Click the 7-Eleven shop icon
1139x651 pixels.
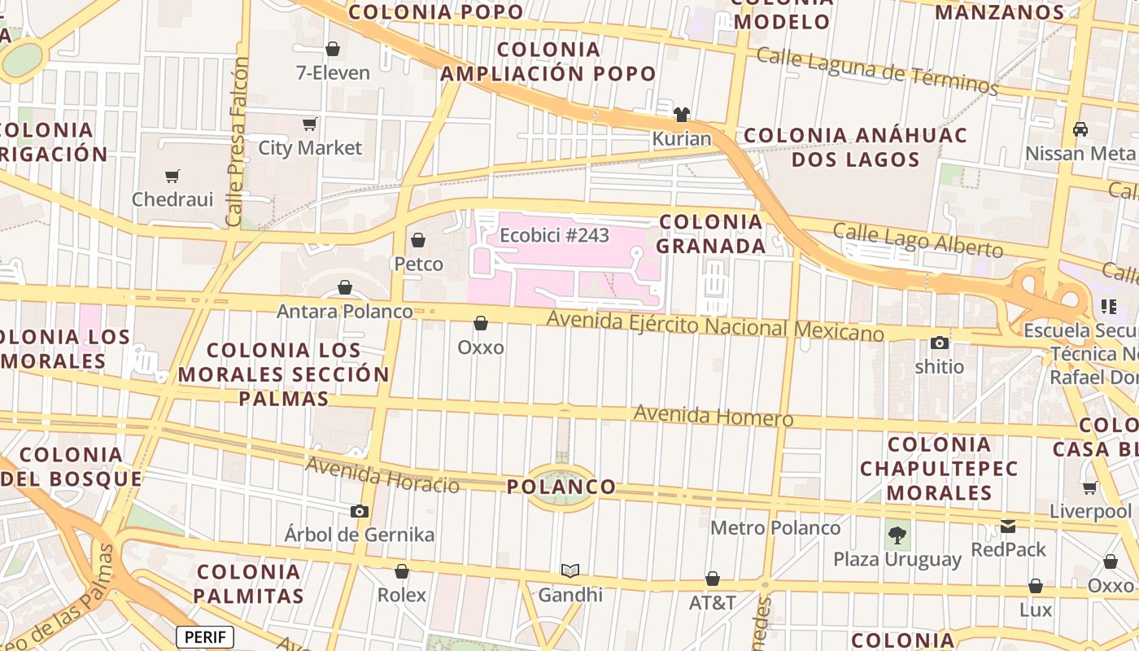332,49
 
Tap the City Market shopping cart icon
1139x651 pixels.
309,125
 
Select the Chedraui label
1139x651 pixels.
172,199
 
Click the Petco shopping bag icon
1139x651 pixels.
418,240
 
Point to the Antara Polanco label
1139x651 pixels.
345,312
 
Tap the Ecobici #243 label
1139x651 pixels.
554,235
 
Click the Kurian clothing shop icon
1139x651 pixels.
682,115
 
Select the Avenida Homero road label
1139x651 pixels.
713,415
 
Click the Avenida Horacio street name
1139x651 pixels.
382,475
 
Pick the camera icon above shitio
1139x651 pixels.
940,343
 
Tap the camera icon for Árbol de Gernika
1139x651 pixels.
359,511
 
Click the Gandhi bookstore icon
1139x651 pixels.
570,571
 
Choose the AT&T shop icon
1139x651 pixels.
713,579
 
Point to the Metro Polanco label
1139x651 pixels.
775,528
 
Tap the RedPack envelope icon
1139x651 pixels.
1009,526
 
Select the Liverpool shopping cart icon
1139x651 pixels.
1090,488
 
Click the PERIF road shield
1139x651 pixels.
205,636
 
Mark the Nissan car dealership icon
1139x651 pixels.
1080,129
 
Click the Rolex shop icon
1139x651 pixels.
402,571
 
